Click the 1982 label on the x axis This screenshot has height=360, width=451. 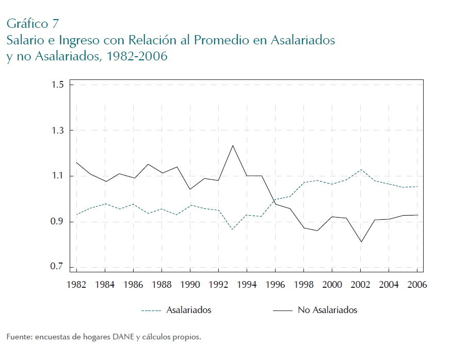(x=77, y=284)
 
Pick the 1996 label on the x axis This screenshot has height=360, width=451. (x=275, y=284)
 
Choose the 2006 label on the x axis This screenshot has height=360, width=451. (x=416, y=284)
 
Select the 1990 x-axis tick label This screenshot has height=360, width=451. (x=190, y=284)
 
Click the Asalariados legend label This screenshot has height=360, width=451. (x=188, y=310)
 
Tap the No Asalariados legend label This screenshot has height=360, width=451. (x=327, y=310)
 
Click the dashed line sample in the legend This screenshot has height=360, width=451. (x=151, y=310)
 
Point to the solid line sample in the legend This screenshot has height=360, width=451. (x=282, y=310)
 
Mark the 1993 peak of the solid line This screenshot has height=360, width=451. (x=233, y=145)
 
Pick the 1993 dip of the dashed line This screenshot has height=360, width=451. (x=233, y=229)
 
